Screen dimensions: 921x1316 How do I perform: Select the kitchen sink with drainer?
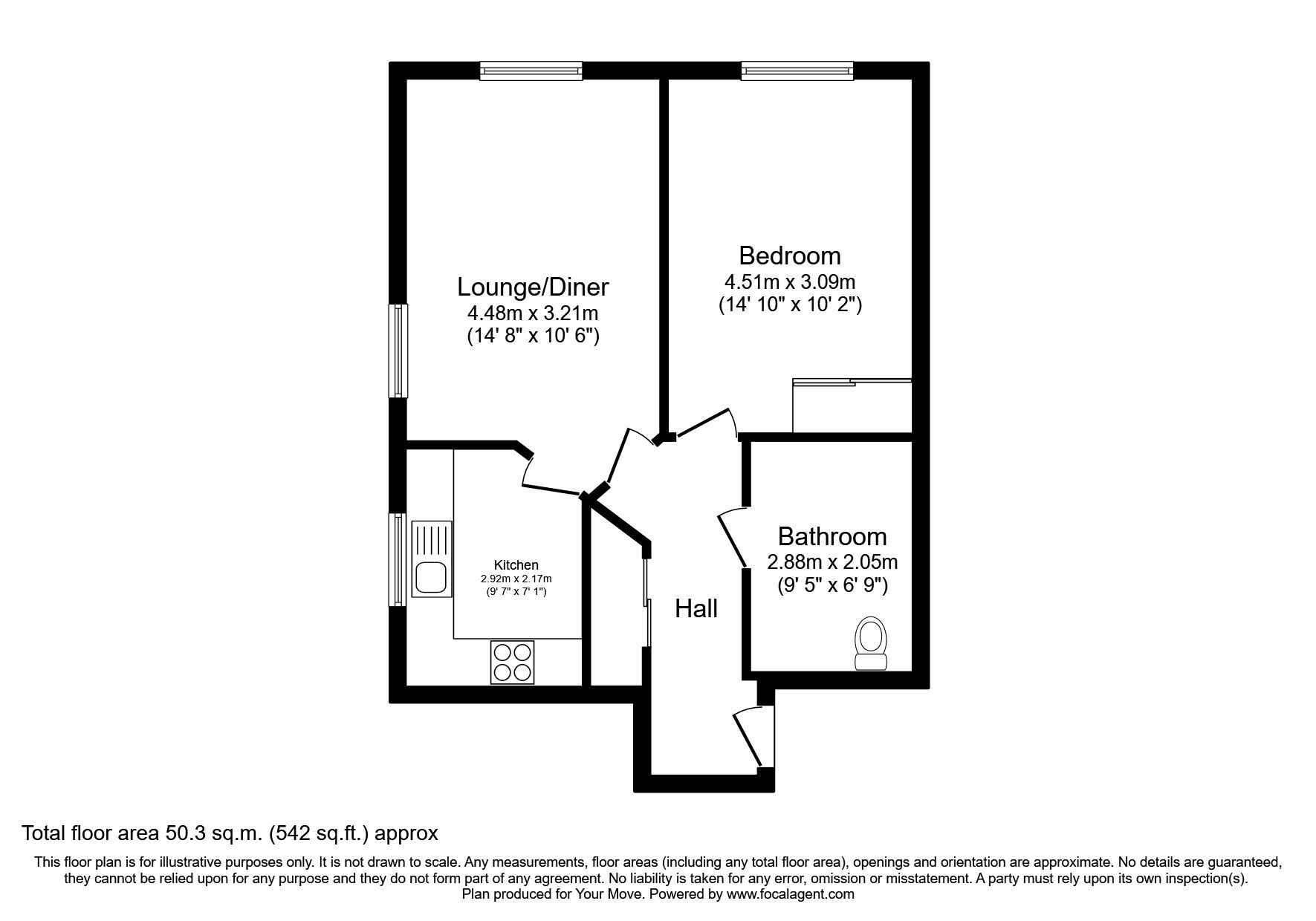431,559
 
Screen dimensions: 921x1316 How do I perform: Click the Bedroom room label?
789,256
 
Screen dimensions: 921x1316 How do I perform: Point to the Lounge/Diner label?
533,287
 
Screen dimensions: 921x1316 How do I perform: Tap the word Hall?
696,609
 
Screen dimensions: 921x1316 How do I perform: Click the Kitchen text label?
516,565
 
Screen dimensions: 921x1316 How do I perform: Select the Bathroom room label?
832,536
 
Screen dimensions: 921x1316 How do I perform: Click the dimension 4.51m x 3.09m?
789,282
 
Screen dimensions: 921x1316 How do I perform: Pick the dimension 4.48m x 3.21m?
533,313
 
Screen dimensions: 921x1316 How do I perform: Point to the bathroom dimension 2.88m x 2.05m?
832,562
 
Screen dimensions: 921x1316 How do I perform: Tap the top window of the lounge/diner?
531,71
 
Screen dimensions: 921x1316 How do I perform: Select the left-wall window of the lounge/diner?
399,350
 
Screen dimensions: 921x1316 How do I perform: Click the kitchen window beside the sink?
399,559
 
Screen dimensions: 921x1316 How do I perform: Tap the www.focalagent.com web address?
790,895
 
